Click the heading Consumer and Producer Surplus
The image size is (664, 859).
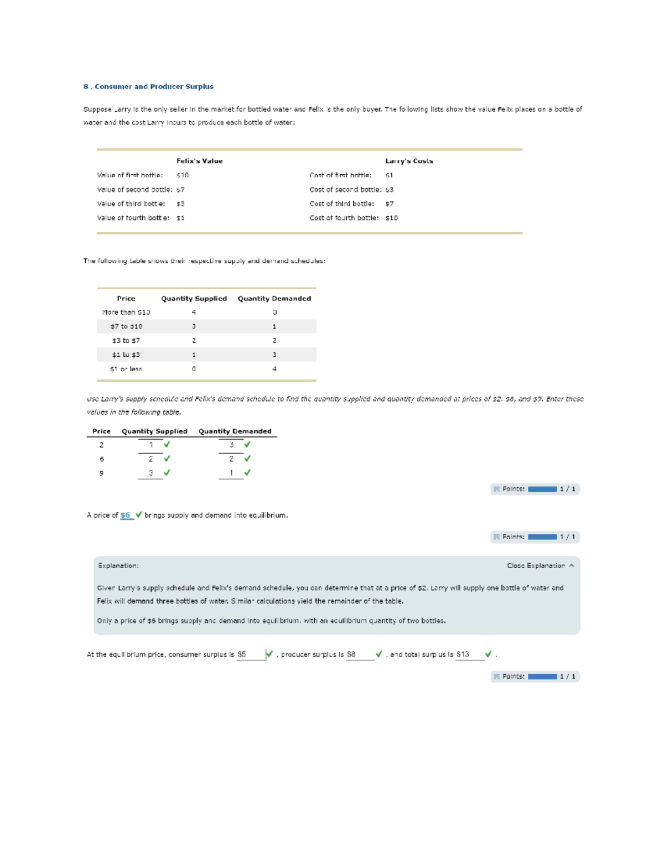click(x=148, y=87)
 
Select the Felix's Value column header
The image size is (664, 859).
click(x=199, y=161)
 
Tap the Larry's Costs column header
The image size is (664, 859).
click(x=409, y=161)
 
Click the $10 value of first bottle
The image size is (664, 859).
click(x=183, y=175)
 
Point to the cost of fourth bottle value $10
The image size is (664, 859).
click(x=391, y=218)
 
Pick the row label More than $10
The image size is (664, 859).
click(x=126, y=313)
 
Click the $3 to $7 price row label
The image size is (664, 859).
click(x=126, y=341)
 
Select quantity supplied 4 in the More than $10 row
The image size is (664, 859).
click(x=194, y=313)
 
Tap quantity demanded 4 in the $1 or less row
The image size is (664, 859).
click(x=274, y=369)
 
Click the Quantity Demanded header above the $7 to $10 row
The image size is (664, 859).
click(x=274, y=299)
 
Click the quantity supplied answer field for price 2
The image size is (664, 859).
click(x=151, y=445)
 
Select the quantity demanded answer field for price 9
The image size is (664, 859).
click(x=231, y=473)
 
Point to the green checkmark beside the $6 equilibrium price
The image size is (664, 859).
click(x=138, y=515)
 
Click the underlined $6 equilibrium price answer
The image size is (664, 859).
click(x=126, y=515)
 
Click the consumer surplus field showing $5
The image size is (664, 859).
click(x=251, y=654)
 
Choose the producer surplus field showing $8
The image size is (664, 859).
click(x=360, y=654)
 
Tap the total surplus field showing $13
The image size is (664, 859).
click(x=469, y=654)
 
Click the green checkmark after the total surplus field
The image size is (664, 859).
click(x=488, y=654)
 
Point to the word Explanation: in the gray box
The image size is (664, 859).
click(x=118, y=566)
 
